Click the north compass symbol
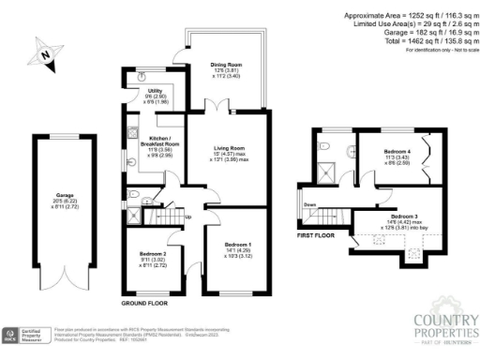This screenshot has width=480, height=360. click(43, 55)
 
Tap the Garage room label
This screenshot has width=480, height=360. click(65, 199)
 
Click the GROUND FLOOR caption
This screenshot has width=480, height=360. click(143, 305)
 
